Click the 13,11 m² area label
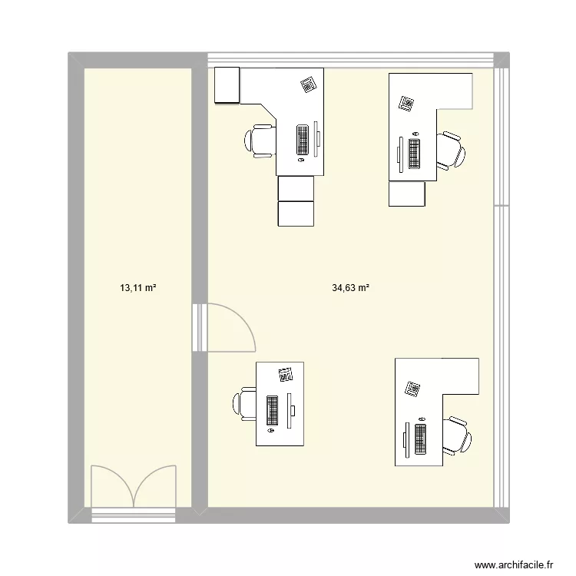(138, 289)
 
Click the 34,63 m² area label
(351, 289)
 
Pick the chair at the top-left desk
(260, 140)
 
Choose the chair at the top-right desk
(450, 150)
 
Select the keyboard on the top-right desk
(415, 154)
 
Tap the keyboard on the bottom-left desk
(272, 410)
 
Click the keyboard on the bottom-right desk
(420, 439)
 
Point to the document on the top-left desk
(308, 84)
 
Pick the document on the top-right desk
(406, 103)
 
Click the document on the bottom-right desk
(413, 389)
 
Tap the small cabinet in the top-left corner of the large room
(228, 84)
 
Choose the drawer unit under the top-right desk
(407, 194)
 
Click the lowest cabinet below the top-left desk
(296, 214)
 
